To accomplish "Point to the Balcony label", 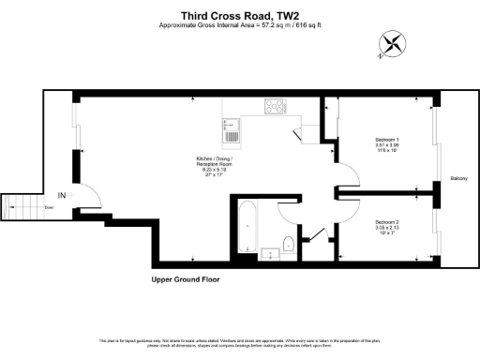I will click(x=458, y=177).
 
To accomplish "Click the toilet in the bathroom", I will click(x=289, y=245).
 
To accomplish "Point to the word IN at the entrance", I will click(x=62, y=195).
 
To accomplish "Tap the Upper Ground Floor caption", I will click(x=190, y=279).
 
